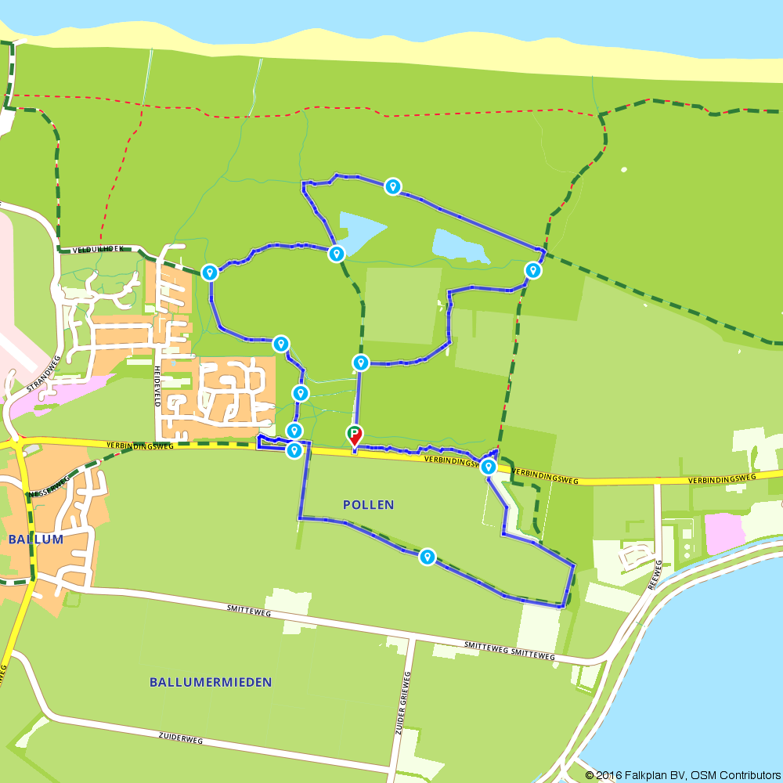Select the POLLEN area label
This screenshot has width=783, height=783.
[368, 505]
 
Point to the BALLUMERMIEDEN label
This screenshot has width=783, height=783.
[211, 682]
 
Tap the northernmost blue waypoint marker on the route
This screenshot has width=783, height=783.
[393, 186]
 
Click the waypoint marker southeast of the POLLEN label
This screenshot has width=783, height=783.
[427, 557]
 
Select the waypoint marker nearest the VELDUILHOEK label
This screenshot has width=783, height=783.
[210, 272]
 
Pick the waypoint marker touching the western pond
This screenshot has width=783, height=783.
[337, 254]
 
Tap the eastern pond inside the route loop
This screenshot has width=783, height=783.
[460, 246]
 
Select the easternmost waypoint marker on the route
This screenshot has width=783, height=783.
[532, 271]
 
